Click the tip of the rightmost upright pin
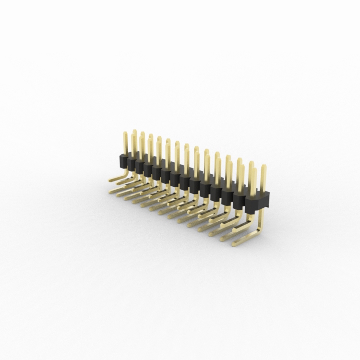click(x=263, y=167)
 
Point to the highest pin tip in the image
click(x=135, y=131)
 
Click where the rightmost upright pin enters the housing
click(x=262, y=192)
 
